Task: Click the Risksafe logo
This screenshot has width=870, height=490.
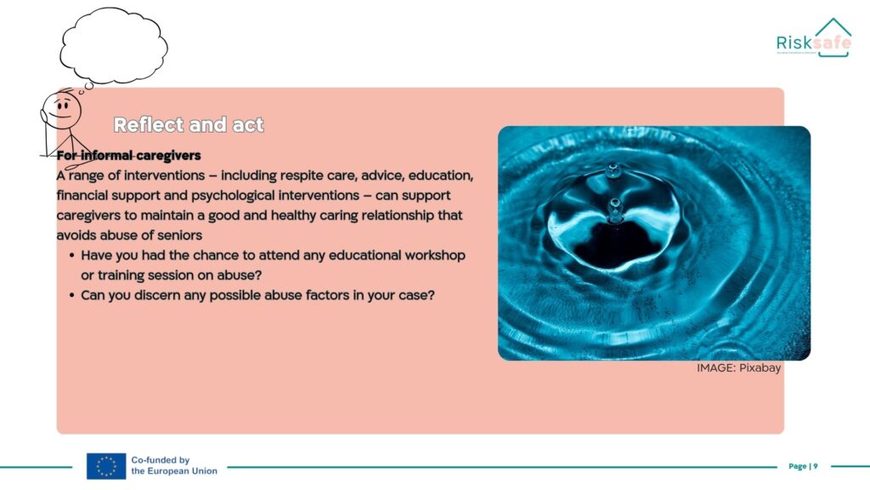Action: pyautogui.click(x=813, y=37)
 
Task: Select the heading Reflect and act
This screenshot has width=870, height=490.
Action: pyautogui.click(x=188, y=124)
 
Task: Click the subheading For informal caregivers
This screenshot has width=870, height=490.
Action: pyautogui.click(x=129, y=156)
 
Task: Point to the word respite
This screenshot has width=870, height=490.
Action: pyautogui.click(x=302, y=176)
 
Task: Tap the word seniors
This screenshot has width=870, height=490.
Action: pyautogui.click(x=179, y=236)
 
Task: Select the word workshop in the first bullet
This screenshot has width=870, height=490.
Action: pyautogui.click(x=434, y=255)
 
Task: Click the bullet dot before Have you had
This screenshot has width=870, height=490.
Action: pyautogui.click(x=72, y=255)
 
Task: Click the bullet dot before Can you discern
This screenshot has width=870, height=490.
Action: pyautogui.click(x=72, y=295)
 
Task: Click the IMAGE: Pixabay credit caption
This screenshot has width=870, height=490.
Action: pyautogui.click(x=738, y=367)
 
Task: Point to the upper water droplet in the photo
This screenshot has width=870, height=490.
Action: pyautogui.click(x=613, y=169)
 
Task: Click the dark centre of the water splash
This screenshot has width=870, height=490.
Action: pyautogui.click(x=613, y=243)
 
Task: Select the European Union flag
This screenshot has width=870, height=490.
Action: pyautogui.click(x=106, y=466)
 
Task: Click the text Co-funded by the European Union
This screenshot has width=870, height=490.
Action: pyautogui.click(x=174, y=465)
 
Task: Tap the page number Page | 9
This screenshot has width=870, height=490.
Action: pyautogui.click(x=803, y=466)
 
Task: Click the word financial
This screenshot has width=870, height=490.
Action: pyautogui.click(x=82, y=196)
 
